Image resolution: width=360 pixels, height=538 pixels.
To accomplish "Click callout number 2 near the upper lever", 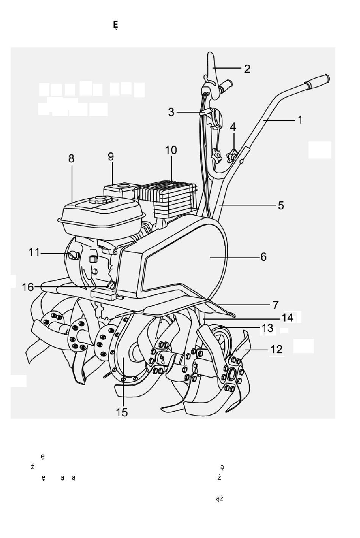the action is pyautogui.click(x=247, y=69).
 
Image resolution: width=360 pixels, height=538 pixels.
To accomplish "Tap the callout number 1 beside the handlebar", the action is pyautogui.click(x=300, y=120).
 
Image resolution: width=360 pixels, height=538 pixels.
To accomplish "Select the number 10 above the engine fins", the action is pyautogui.click(x=171, y=151).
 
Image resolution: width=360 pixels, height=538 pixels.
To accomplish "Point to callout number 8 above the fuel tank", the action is pyautogui.click(x=71, y=158).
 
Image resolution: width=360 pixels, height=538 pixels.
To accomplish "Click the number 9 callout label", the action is pyautogui.click(x=111, y=157).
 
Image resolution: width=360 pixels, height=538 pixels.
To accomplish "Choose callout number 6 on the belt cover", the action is pyautogui.click(x=263, y=257).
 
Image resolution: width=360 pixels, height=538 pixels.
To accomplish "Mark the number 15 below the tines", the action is pyautogui.click(x=122, y=412).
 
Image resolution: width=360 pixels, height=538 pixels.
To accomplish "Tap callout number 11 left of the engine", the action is pyautogui.click(x=34, y=253).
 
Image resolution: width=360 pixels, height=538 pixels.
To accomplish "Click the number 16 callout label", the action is pyautogui.click(x=28, y=287).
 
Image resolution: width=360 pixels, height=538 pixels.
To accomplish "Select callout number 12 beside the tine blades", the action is pyautogui.click(x=276, y=350).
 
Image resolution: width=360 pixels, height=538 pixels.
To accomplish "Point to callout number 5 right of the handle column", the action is pyautogui.click(x=281, y=205).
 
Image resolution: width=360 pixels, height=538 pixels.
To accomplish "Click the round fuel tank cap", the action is pyautogui.click(x=101, y=199).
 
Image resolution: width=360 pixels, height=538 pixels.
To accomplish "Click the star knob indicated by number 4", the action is pyautogui.click(x=232, y=156).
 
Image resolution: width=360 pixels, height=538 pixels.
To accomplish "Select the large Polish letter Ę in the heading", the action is pyautogui.click(x=116, y=25).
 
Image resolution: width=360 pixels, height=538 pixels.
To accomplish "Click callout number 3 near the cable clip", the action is pyautogui.click(x=171, y=112).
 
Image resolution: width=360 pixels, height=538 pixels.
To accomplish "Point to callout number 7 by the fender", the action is pyautogui.click(x=275, y=305).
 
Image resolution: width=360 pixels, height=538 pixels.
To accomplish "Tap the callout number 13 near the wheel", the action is pyautogui.click(x=268, y=328).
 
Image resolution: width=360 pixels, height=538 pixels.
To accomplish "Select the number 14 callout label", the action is pyautogui.click(x=288, y=318).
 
